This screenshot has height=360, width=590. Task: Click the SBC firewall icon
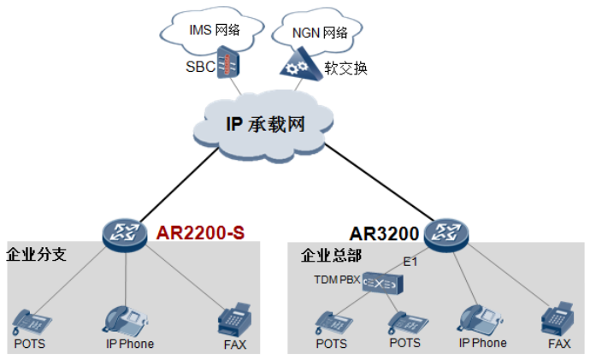click(x=227, y=64)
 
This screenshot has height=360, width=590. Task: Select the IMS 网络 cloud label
click(x=214, y=31)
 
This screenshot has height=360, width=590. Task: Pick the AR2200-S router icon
click(x=125, y=233)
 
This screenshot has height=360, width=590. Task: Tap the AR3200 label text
click(x=383, y=233)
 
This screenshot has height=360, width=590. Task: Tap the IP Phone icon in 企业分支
click(x=124, y=320)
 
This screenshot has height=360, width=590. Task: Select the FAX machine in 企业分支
click(x=234, y=321)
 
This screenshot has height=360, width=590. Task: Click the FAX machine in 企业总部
click(x=558, y=321)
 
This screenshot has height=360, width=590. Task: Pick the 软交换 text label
click(x=346, y=68)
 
